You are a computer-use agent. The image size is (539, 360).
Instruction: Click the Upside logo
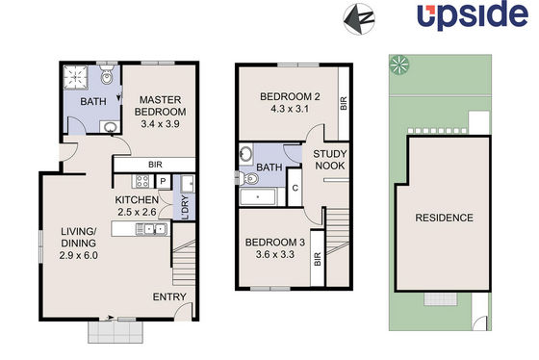point(473,14)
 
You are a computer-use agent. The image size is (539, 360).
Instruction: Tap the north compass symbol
point(359,19)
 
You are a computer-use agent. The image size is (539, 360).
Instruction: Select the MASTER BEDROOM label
point(160,106)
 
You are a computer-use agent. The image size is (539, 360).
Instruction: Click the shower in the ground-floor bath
point(76,77)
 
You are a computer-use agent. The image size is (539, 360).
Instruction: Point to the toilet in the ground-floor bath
point(107,75)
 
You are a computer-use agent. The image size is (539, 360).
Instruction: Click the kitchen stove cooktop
point(142,181)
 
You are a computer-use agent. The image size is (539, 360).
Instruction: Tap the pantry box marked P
point(164,182)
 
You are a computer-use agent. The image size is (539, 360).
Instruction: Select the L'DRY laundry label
point(185,207)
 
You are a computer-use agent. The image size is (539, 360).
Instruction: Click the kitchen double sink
point(151,229)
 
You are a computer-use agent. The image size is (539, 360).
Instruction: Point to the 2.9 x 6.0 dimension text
point(78,255)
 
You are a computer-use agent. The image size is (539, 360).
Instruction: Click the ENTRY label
point(169,296)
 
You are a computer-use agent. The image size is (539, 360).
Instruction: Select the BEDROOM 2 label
point(290,96)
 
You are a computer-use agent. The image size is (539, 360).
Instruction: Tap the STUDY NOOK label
point(329,160)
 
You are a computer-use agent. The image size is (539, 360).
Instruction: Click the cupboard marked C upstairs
point(295,188)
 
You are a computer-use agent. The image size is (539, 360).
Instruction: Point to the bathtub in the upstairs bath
point(258,197)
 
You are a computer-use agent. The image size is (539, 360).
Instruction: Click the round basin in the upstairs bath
point(245,153)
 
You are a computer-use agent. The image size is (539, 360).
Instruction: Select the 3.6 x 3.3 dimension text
point(275,255)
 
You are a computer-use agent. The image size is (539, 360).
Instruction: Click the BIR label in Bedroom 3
point(318,259)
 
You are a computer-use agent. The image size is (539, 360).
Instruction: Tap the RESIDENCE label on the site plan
point(444,218)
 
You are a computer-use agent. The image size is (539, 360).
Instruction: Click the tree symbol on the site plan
point(399,64)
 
